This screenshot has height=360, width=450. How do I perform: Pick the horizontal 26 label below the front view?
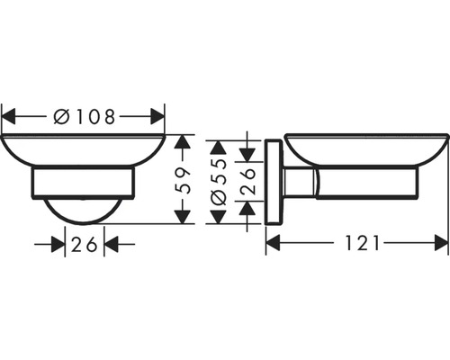click(85, 243)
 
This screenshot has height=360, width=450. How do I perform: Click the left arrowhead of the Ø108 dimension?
click(8, 115)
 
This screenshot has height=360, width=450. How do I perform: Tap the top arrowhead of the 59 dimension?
click(183, 141)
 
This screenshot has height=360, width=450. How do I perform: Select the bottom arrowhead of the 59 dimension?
click(183, 217)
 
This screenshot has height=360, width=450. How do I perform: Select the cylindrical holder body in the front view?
click(83, 182)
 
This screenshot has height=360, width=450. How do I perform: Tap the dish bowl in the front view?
click(83, 149)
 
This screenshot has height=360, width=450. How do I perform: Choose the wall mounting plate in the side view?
click(272, 183)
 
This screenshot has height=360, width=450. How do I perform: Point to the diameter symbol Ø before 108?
click(61, 115)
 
